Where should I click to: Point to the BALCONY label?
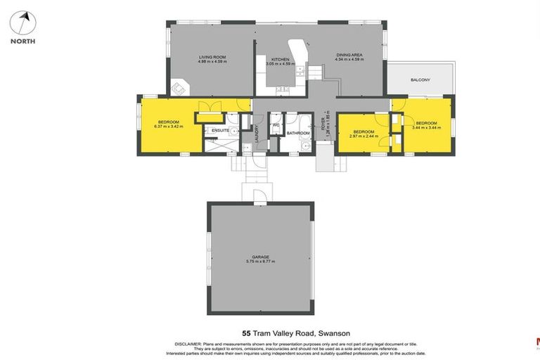(420, 80)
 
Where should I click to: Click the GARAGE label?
(260, 257)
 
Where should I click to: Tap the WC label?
(276, 125)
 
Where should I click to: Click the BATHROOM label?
(298, 132)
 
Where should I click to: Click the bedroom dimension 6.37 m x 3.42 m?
(169, 127)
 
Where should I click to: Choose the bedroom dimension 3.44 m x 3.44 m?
(426, 127)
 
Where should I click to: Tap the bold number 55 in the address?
(246, 333)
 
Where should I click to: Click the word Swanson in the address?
(334, 333)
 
